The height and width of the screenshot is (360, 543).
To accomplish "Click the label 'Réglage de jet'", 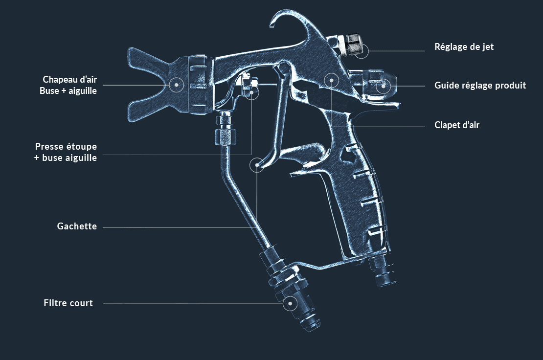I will (x=464, y=47).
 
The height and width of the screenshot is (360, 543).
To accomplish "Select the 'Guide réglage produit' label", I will (x=480, y=86).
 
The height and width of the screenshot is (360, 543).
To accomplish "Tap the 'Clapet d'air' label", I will (x=457, y=125).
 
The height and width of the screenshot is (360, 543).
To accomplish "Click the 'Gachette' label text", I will (x=77, y=226).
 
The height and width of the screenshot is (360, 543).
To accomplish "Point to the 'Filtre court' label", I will (x=68, y=303).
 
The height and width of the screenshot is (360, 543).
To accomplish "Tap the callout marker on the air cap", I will (x=176, y=85).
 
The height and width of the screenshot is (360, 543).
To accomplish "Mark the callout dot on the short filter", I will (x=290, y=303).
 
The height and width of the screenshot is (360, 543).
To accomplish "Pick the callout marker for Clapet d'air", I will (x=331, y=80).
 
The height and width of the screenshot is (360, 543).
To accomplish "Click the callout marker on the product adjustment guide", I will (x=383, y=86).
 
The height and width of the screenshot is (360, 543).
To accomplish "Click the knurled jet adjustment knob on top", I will (x=353, y=45).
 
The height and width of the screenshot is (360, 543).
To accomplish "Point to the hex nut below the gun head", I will (x=224, y=135).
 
